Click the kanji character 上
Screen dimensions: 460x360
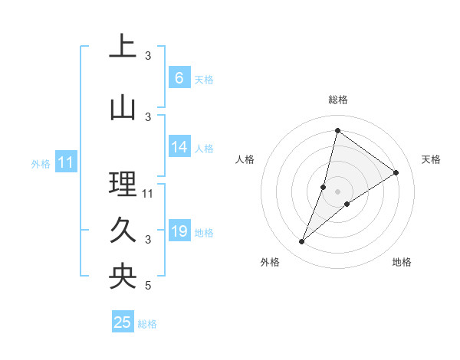(x=123, y=47)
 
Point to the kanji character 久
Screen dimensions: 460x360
(x=123, y=231)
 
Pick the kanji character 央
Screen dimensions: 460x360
(x=123, y=277)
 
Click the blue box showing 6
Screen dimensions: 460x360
(x=179, y=78)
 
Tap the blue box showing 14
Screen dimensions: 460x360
(x=179, y=147)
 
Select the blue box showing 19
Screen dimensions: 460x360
(x=179, y=231)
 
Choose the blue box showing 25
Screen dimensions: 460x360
(x=123, y=322)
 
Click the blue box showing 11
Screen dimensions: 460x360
(x=66, y=162)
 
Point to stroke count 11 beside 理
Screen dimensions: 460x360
(x=148, y=193)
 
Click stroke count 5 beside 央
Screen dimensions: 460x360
(x=148, y=286)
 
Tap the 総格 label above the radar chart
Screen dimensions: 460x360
(x=337, y=100)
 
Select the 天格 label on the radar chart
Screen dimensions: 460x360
(x=431, y=159)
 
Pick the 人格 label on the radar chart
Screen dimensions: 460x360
(x=245, y=159)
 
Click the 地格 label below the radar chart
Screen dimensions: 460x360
(x=402, y=262)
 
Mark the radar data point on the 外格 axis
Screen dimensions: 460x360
(x=302, y=242)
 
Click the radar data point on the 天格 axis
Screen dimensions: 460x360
(x=396, y=173)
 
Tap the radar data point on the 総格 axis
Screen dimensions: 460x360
(x=337, y=131)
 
